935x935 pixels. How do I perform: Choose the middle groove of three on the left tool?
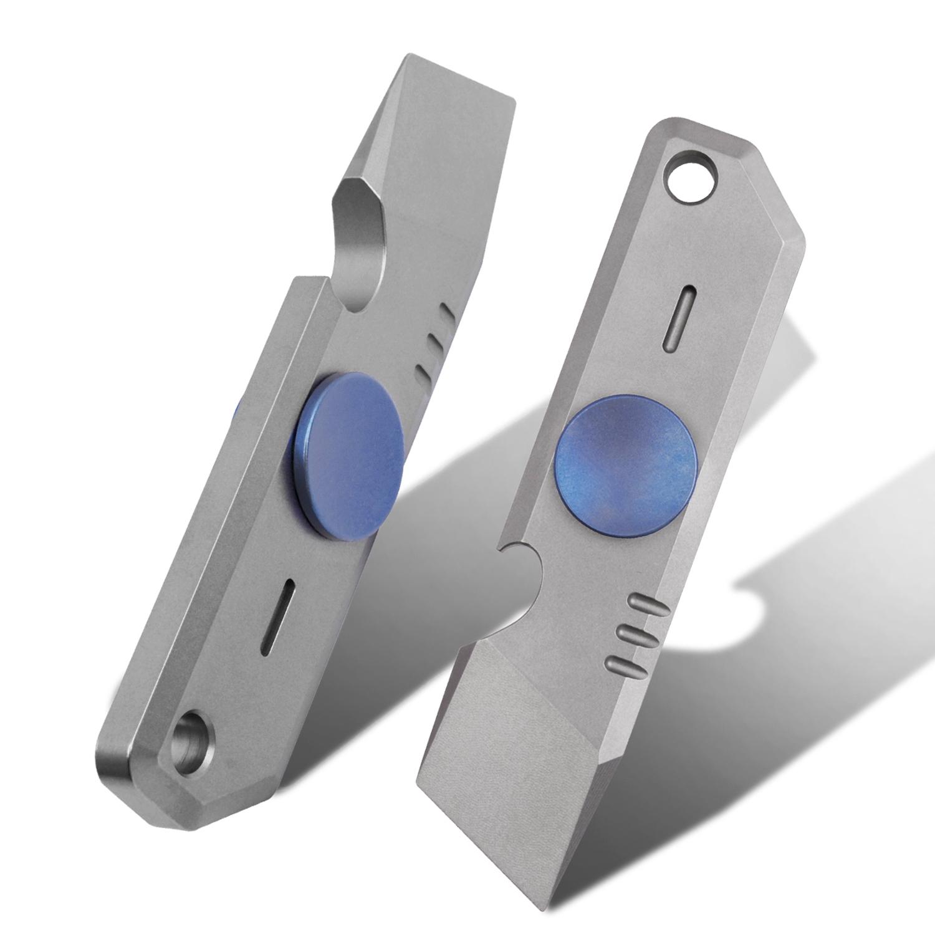(x=433, y=342)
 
